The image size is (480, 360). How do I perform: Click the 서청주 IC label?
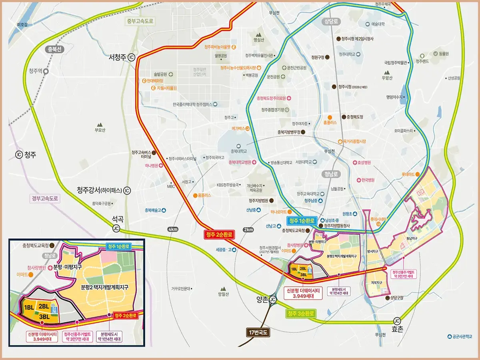click(x=122, y=57)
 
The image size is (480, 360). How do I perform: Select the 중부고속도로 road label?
click(x=140, y=21)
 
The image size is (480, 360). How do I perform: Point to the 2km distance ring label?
click(x=248, y=229)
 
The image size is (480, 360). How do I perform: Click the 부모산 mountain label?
click(x=99, y=130)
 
